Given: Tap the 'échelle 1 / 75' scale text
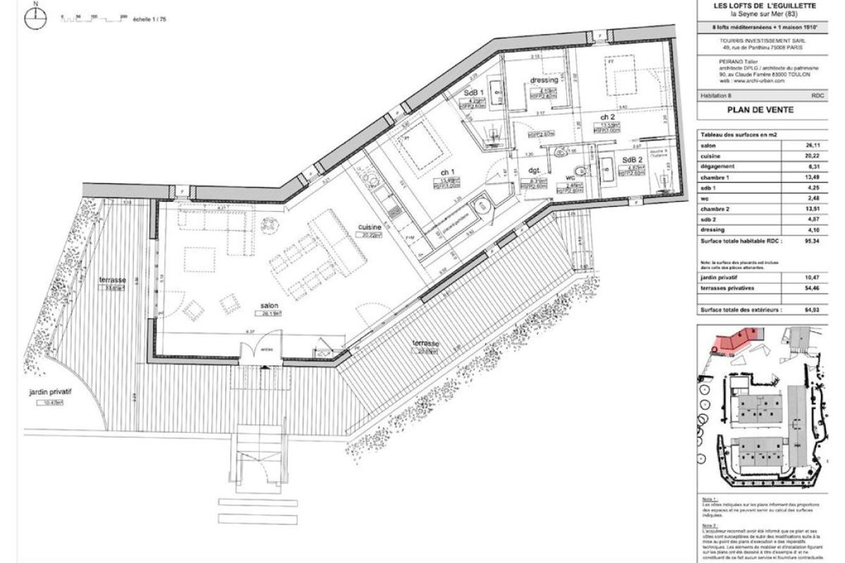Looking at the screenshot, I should [149, 19].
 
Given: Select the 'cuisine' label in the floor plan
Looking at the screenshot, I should [370, 227].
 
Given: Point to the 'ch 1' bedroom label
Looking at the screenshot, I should [448, 173].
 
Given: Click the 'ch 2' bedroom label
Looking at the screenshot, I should [608, 117].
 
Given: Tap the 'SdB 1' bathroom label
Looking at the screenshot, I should [472, 94].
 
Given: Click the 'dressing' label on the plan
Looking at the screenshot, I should [544, 80].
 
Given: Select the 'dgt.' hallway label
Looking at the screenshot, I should [525, 171].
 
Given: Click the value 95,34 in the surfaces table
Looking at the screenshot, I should [813, 241].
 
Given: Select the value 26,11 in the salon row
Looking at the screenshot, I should [814, 146].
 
